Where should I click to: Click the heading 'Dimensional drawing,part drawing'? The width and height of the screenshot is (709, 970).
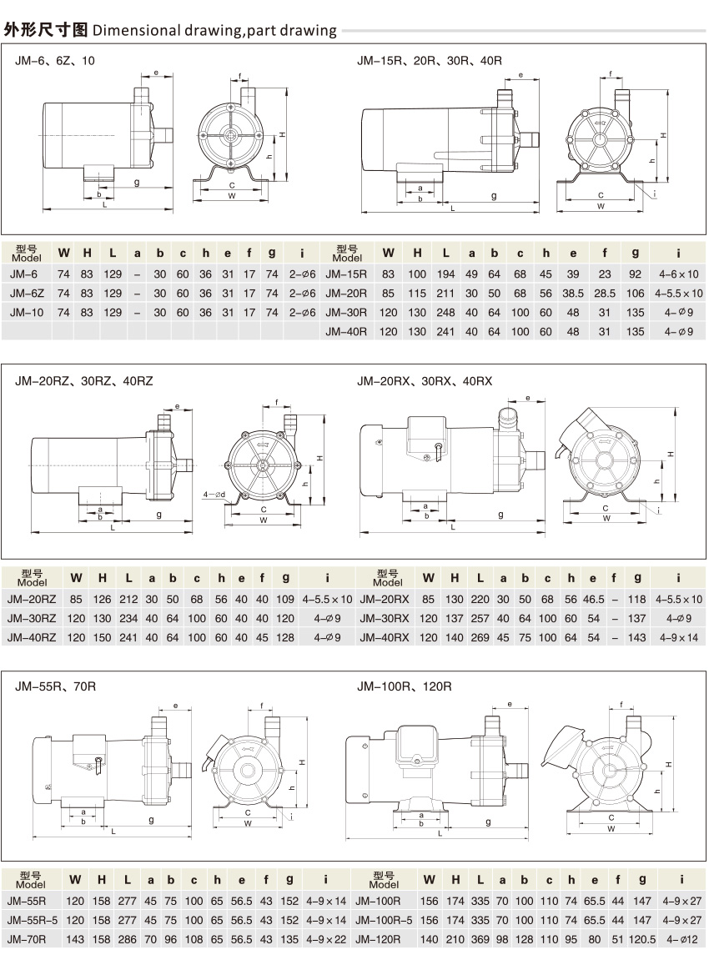click(x=215, y=32)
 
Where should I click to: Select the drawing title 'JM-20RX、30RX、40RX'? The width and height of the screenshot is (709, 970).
click(x=425, y=380)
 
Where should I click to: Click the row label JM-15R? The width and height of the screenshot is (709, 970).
click(x=345, y=274)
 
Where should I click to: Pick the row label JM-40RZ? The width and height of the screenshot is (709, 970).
click(x=31, y=638)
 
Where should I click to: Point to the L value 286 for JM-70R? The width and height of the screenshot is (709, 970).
click(x=128, y=939)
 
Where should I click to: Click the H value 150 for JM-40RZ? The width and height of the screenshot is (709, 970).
click(x=103, y=638)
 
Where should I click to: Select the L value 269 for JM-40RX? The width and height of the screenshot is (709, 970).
click(x=481, y=638)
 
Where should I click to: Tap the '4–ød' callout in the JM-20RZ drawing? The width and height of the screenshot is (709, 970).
click(x=215, y=494)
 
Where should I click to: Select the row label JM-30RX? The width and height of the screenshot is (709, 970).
click(x=383, y=619)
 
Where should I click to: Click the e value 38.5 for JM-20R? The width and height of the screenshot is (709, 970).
click(x=572, y=294)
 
